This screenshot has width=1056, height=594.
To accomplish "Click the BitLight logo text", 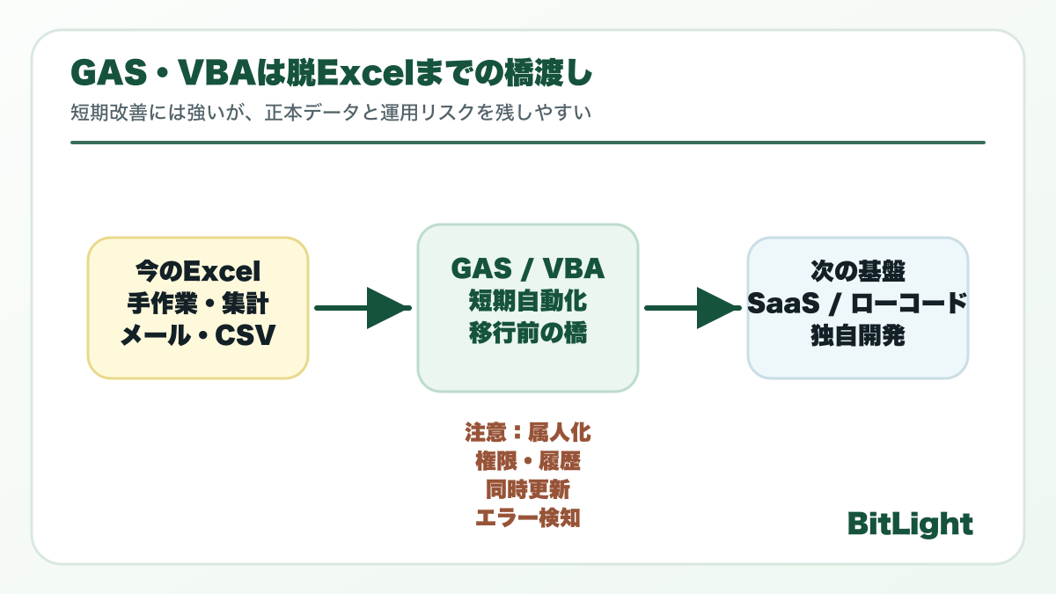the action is pos(910,524).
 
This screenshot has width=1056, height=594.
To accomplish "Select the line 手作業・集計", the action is pos(198,304).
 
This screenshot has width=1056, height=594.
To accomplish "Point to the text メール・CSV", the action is pos(198,336).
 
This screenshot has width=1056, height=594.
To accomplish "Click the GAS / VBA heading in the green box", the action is pos(527,268).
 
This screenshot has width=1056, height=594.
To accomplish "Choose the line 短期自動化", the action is pos(527,301).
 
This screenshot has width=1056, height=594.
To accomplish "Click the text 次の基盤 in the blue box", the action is pos(857,269).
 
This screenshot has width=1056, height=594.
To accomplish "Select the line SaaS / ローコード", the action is pos(857,303).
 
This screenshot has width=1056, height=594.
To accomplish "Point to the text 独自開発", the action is pos(857,336).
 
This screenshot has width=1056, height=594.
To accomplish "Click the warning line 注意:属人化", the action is pos(527,433).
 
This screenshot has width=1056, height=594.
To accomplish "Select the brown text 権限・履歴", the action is pos(527,461).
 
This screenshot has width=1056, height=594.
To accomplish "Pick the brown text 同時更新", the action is pos(527,489).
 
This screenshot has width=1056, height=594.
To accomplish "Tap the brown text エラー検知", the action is pos(527,517).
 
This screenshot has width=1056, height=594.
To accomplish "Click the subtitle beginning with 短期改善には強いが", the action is pos(329,114).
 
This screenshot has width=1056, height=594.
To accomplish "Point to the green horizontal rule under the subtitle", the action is pos(527,142).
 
